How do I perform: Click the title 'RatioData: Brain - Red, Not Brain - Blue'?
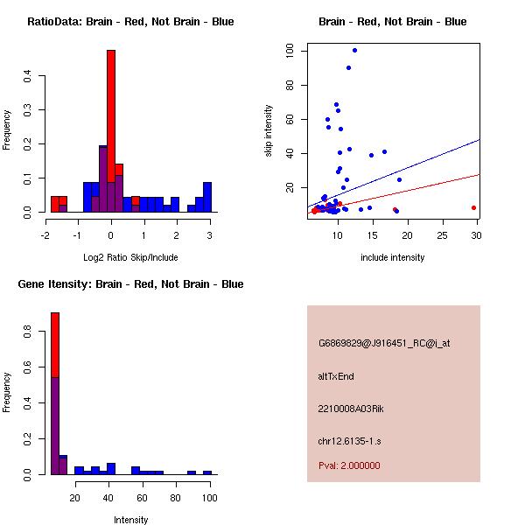point(130,21)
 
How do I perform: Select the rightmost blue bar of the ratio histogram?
point(207,197)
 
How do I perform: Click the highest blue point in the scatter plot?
point(354,50)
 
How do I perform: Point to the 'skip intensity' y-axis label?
point(269,131)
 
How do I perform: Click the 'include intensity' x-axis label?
point(393,257)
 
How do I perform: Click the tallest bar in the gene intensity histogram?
point(54,394)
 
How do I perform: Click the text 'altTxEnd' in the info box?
point(336,376)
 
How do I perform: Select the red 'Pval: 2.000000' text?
point(349,465)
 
